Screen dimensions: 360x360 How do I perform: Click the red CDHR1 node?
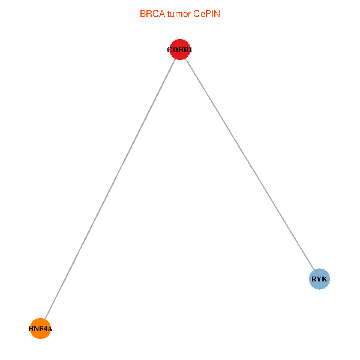tap(180, 49)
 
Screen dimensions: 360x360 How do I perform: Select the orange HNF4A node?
tap(40, 328)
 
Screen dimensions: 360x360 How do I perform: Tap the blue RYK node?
tap(319, 278)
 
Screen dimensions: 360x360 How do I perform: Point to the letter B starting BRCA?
tap(143, 13)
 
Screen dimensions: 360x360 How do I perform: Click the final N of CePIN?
tap(217, 13)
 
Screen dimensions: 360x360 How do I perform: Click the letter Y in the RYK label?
tap(319, 279)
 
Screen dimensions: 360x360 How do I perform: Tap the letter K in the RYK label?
tap(325, 279)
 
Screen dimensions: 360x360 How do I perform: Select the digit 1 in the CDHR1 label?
tap(190, 50)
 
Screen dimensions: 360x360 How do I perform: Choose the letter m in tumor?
tap(182, 13)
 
